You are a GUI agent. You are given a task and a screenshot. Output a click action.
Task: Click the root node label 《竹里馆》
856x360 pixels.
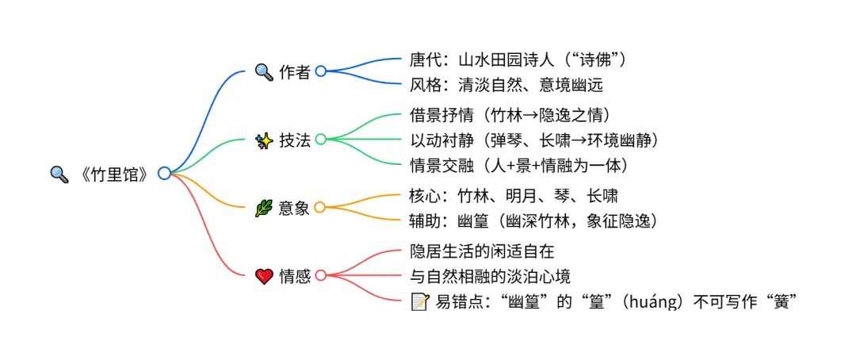[x=114, y=174]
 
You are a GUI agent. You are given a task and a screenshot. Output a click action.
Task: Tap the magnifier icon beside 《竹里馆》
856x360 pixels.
[x=59, y=174]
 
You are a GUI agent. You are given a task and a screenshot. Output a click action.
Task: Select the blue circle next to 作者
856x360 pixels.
[x=321, y=71]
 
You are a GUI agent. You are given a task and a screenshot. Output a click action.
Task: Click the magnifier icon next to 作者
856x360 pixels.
[x=263, y=71]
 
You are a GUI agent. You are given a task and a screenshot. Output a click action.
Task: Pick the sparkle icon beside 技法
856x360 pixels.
[x=263, y=140]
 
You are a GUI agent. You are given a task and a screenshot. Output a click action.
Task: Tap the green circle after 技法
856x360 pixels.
[x=321, y=140]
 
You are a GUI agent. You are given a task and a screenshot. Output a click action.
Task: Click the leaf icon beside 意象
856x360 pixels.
[x=263, y=208]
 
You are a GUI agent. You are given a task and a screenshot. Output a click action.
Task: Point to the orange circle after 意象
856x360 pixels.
[x=320, y=208]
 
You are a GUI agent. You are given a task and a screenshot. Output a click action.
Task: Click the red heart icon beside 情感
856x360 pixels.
[x=263, y=276]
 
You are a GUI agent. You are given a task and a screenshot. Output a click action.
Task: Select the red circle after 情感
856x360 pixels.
[x=321, y=276]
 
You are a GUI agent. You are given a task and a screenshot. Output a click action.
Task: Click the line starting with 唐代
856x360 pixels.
[x=518, y=59]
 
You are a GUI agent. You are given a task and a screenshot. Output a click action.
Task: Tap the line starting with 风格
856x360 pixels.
[x=512, y=83]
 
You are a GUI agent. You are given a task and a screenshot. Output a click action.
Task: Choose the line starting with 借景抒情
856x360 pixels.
[x=510, y=116]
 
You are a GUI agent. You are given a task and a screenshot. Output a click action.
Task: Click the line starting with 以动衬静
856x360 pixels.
[x=535, y=140]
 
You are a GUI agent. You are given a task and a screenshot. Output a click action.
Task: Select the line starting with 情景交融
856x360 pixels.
[x=519, y=164]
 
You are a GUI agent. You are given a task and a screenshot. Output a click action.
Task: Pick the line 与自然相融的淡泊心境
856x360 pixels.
[x=490, y=276]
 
